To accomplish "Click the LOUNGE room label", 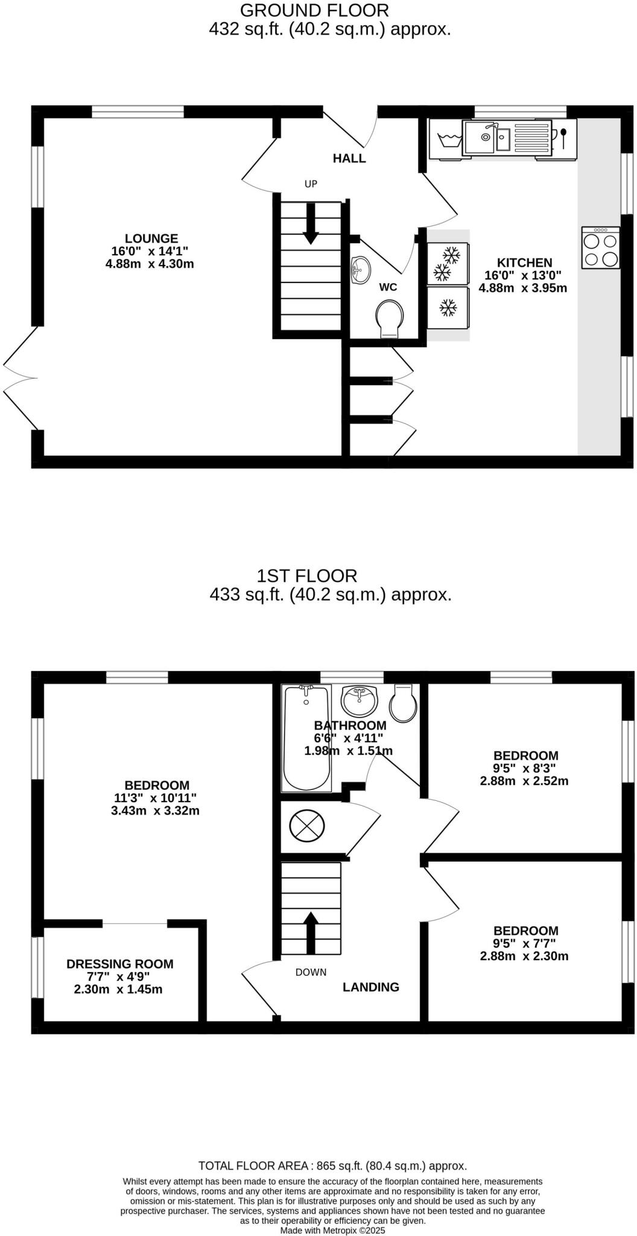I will (x=151, y=238).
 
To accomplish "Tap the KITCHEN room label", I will (x=524, y=263).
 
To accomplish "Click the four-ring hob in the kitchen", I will (x=601, y=247).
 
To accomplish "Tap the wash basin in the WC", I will (x=361, y=270).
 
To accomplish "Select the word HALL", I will (x=349, y=159).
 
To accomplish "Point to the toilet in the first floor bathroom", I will (x=403, y=703).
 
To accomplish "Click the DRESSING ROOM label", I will (x=120, y=964).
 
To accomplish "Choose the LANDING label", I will (x=371, y=987).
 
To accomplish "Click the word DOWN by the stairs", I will (x=311, y=972).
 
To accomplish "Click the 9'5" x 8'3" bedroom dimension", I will (x=524, y=768).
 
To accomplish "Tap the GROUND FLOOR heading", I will (x=314, y=10).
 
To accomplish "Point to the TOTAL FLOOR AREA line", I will (x=332, y=1166).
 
